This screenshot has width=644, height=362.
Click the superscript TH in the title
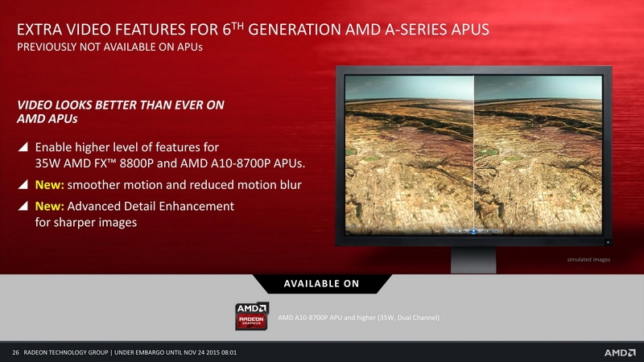click(237, 26)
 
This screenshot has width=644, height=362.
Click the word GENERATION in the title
click(295, 30)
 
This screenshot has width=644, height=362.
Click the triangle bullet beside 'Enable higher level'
click(23, 146)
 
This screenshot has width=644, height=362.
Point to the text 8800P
click(136, 163)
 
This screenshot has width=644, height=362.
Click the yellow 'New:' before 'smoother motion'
click(49, 185)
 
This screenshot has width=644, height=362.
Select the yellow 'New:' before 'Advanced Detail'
click(49, 206)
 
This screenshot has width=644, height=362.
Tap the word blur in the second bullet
click(291, 185)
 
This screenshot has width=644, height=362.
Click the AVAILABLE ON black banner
click(321, 284)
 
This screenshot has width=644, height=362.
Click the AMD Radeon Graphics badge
click(252, 315)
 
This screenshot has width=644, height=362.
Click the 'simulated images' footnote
click(588, 259)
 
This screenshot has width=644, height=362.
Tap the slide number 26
click(15, 352)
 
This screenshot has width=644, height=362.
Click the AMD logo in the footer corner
click(620, 352)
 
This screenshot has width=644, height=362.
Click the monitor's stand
click(473, 260)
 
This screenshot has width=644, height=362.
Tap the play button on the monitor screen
click(473, 231)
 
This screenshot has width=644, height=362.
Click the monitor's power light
click(608, 242)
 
